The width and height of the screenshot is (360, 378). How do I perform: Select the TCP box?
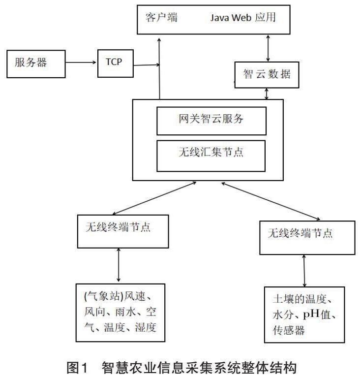point(116,63)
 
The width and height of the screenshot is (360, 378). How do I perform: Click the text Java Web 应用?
point(243,18)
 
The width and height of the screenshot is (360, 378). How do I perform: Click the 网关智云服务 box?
point(211,120)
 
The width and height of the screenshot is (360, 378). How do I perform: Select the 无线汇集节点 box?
point(211,153)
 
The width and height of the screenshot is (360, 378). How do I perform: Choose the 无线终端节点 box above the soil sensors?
point(307,238)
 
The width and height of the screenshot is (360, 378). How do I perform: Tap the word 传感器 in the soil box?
point(288,329)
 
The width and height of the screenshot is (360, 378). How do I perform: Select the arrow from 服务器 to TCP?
point(81,63)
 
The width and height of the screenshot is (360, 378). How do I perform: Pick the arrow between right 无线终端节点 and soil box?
point(305,271)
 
